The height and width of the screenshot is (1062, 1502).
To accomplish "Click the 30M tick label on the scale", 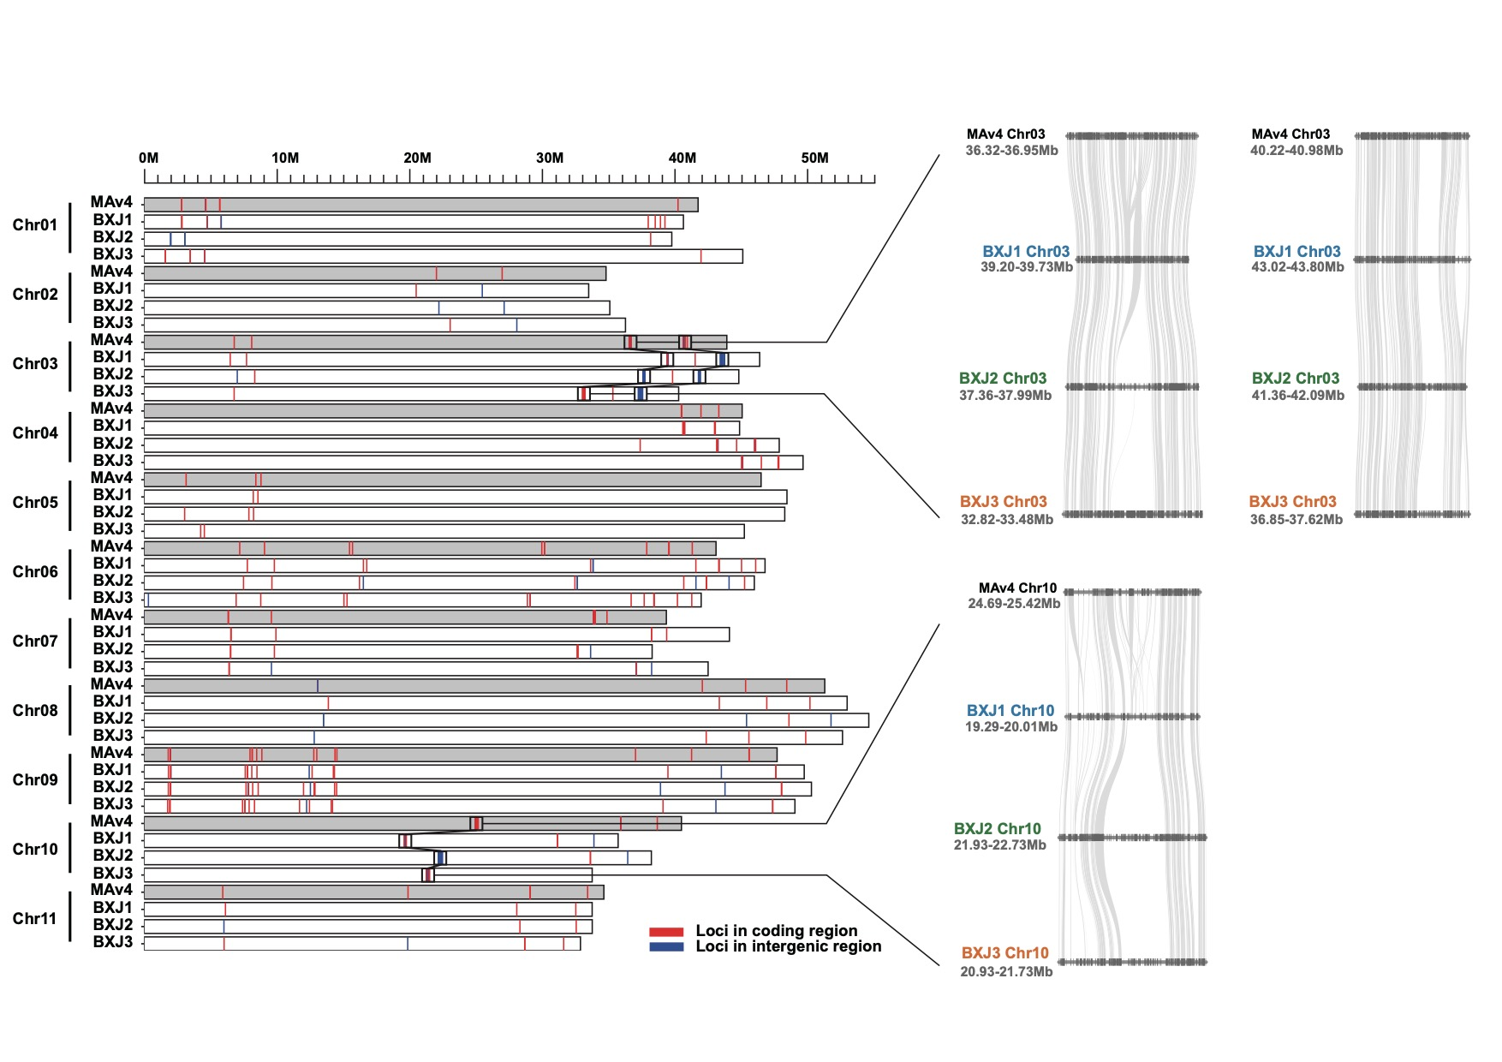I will [550, 158].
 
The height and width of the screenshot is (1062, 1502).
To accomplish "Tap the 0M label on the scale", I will [148, 158].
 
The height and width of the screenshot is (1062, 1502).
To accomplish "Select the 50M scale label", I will [814, 158].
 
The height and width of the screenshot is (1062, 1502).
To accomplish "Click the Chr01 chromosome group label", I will [35, 225].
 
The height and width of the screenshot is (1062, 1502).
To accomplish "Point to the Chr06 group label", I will [35, 572].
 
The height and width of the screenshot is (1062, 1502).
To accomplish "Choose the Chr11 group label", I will [35, 919].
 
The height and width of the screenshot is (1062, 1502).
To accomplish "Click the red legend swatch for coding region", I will [666, 932].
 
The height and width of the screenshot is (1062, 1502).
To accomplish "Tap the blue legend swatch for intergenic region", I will [666, 947].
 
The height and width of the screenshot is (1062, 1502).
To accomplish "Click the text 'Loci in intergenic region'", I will [788, 946].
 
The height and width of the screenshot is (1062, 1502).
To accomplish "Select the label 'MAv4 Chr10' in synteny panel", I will [1017, 588].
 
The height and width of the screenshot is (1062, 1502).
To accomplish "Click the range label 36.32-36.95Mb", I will [1011, 151].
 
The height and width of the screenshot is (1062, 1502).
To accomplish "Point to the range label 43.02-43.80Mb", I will [1297, 267].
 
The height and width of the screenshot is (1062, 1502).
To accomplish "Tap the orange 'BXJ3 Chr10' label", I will [1004, 953].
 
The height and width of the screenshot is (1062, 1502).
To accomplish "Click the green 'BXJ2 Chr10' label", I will [997, 829].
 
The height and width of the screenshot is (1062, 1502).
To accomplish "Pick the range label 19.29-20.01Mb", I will [1010, 727].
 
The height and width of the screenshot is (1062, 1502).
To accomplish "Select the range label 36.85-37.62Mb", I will [1296, 520].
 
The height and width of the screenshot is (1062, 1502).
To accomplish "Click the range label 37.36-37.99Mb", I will [1005, 396].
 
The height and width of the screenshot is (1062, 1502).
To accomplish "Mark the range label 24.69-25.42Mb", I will [1014, 604].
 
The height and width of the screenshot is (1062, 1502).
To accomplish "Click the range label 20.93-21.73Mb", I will [1006, 972].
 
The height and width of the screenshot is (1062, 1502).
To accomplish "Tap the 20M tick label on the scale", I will [417, 158].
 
